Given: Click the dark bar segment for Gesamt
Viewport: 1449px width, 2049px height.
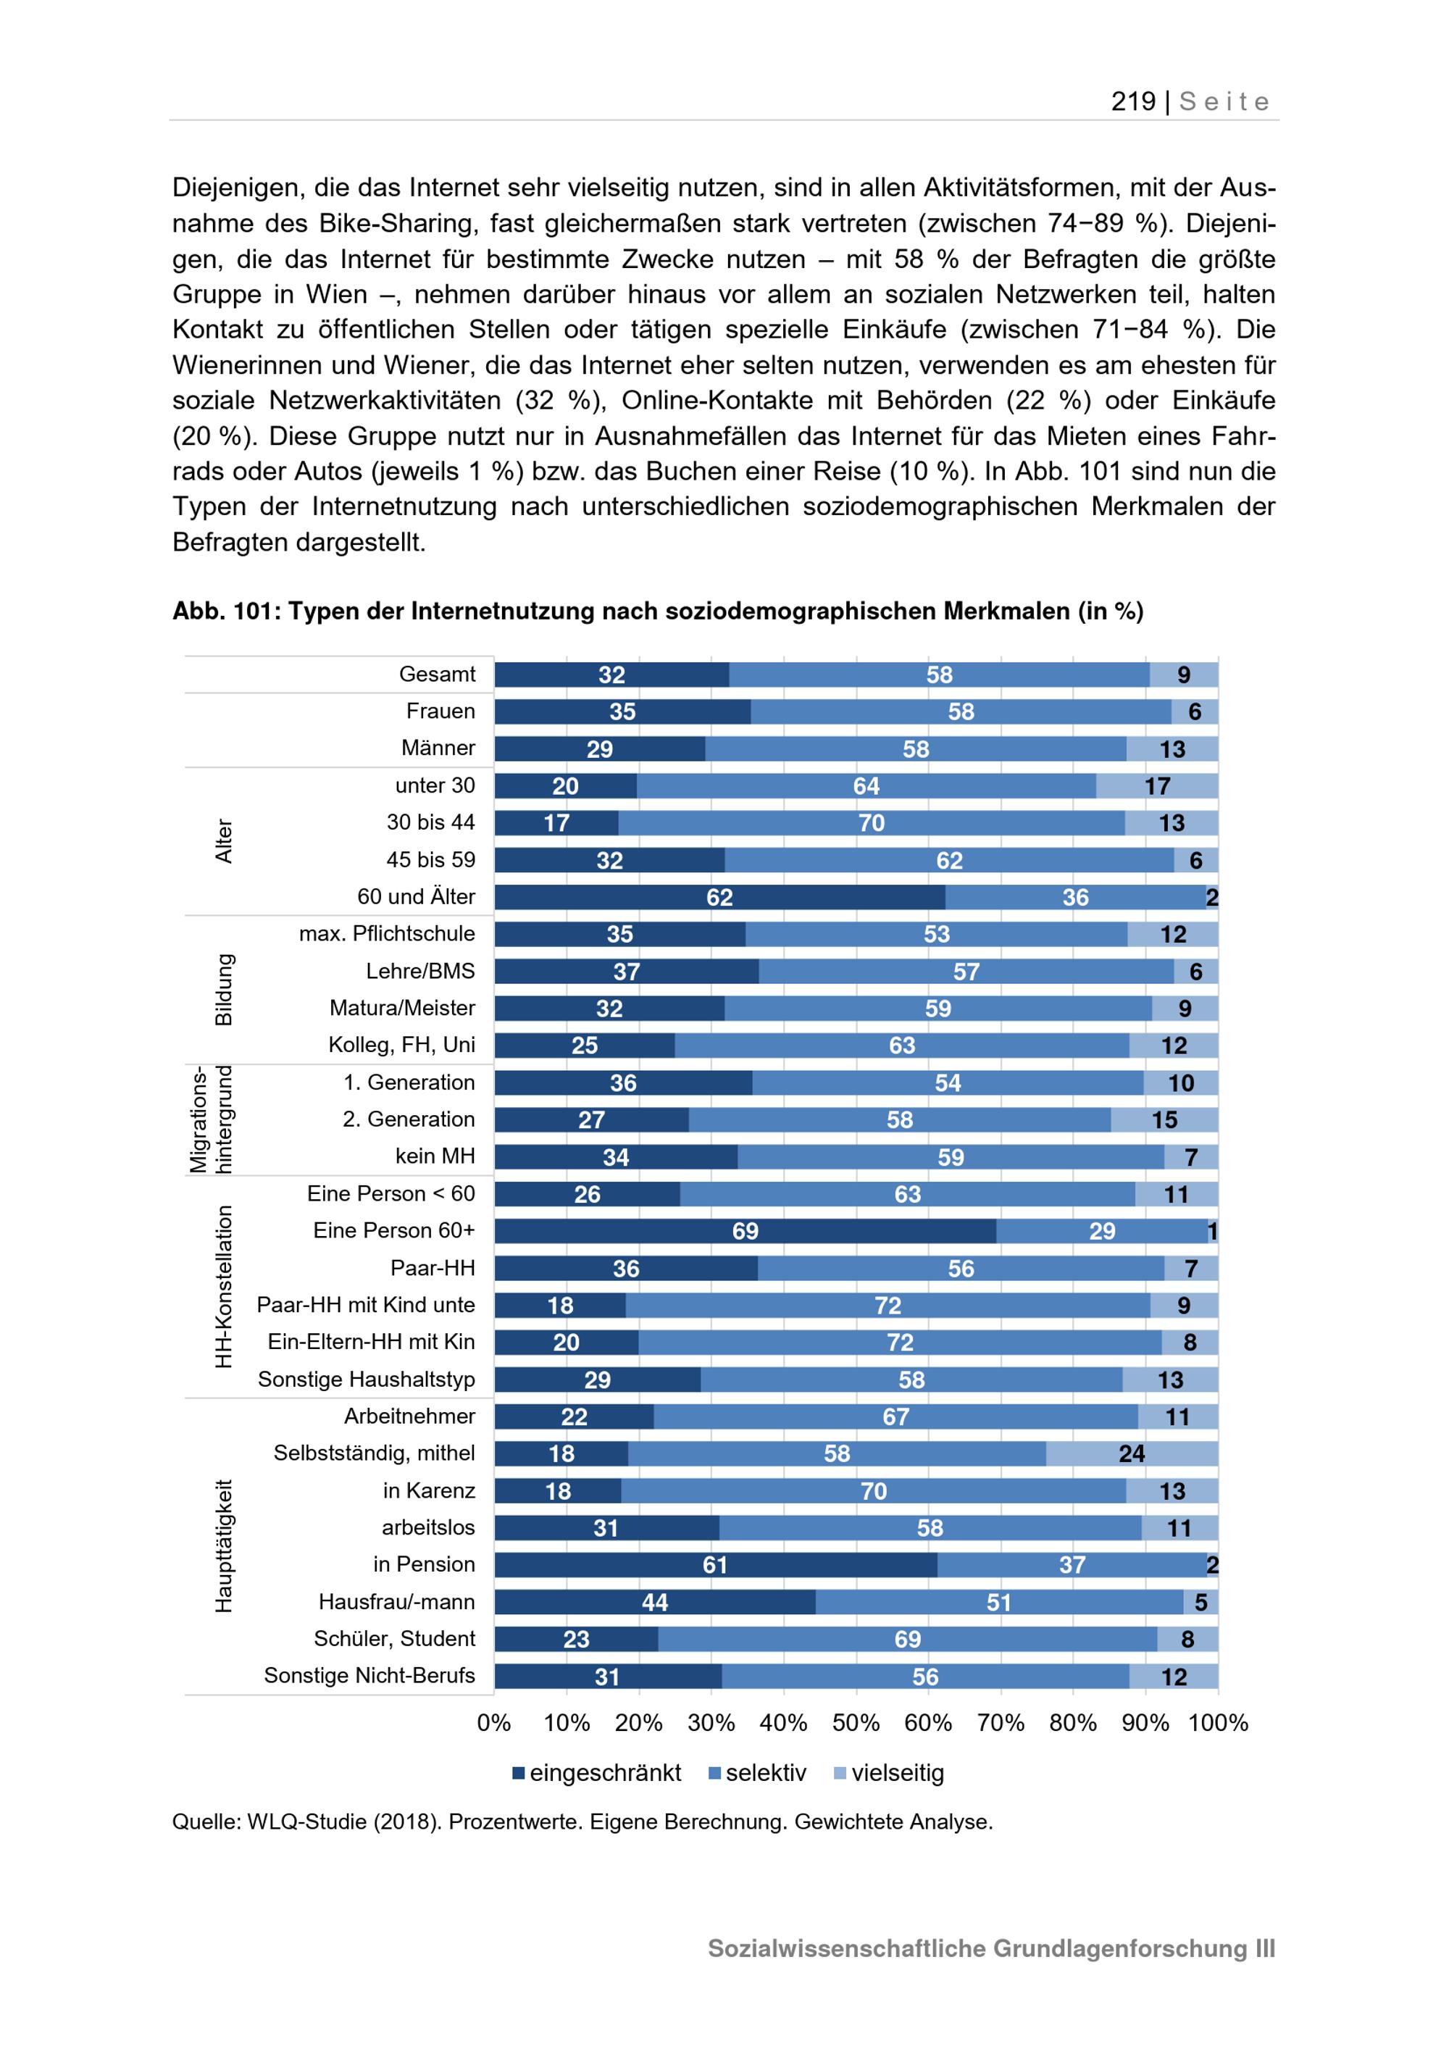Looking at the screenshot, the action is (x=611, y=675).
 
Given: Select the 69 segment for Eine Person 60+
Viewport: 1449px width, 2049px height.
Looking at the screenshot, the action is (x=745, y=1231).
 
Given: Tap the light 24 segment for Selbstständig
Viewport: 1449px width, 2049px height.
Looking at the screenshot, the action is (x=1132, y=1453).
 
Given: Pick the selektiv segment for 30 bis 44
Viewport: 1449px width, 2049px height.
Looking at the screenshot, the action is (x=871, y=823).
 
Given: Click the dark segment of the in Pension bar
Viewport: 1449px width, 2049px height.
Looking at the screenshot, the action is (x=716, y=1564).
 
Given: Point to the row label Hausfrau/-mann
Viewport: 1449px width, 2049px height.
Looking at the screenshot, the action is (x=396, y=1602).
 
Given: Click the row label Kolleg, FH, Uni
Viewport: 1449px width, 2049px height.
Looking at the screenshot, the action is (x=401, y=1045).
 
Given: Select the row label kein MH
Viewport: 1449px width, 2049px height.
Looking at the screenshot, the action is (x=435, y=1156).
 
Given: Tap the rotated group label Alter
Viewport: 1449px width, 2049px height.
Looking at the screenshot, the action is (x=223, y=840).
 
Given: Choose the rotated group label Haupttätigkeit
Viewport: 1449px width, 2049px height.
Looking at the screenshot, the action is (x=223, y=1545).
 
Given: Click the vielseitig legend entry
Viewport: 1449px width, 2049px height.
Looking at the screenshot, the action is (x=889, y=1772).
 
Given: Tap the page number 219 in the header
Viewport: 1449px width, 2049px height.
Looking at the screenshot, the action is (x=1133, y=101).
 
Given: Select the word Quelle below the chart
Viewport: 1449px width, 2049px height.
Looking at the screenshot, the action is (x=206, y=1821).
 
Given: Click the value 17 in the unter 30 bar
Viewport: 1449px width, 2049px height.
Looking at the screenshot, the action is (x=1157, y=786).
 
